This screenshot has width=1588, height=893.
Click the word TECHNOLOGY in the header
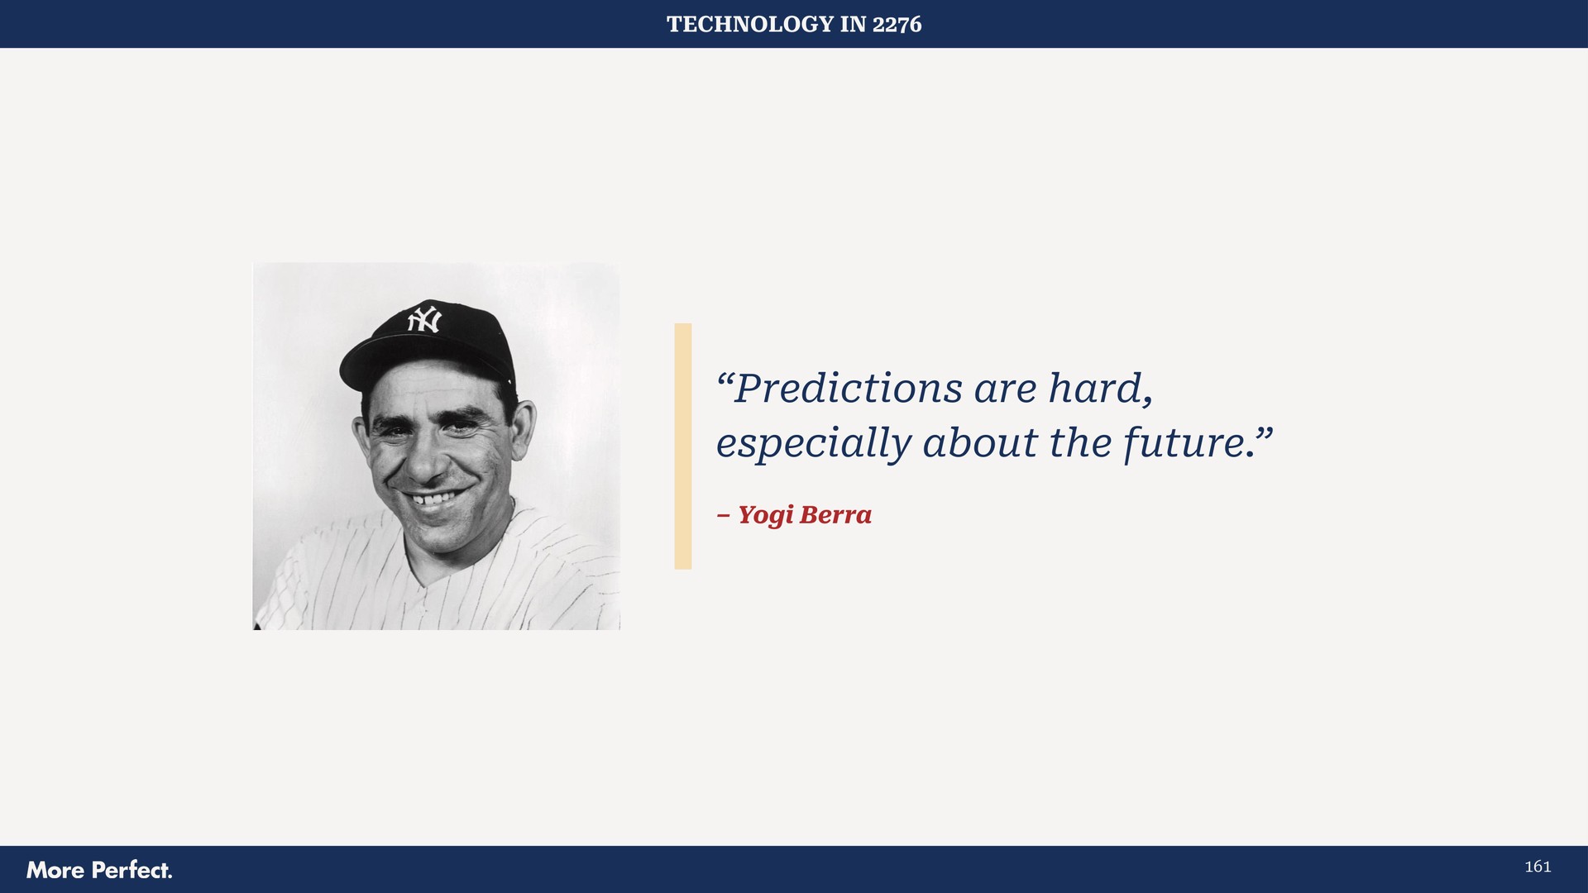tap(749, 24)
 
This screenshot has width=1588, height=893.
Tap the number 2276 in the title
tap(897, 24)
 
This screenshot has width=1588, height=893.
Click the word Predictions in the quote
tap(848, 389)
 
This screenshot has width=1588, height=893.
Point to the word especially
tap(812, 444)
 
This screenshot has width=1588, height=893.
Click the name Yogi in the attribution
tap(765, 515)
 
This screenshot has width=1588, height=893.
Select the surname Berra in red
tap(835, 514)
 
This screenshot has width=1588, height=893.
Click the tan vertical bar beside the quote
tap(682, 446)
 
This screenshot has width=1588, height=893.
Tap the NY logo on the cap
tap(424, 319)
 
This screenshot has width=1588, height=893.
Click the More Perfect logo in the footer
tap(99, 870)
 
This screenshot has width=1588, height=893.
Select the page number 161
tap(1537, 867)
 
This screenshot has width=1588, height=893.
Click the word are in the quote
tap(1005, 389)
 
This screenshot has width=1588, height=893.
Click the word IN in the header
tap(853, 24)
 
